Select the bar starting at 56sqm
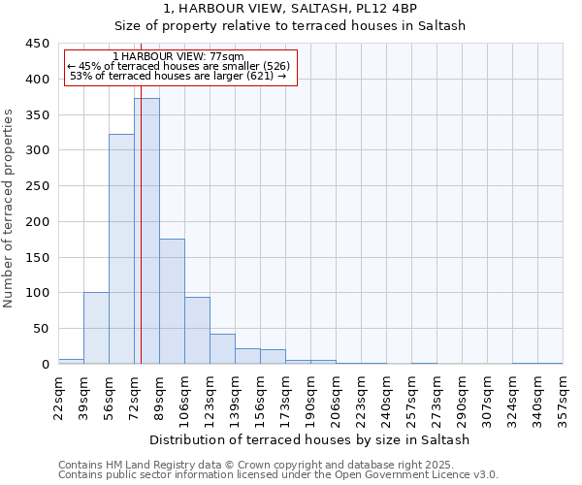pyautogui.click(x=121, y=249)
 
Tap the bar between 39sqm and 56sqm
pyautogui.click(x=96, y=328)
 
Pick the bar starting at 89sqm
pyautogui.click(x=172, y=302)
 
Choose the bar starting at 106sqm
pyautogui.click(x=197, y=331)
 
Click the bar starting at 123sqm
pyautogui.click(x=222, y=348)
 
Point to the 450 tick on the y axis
pyautogui.click(x=38, y=44)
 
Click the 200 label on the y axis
pyautogui.click(x=38, y=221)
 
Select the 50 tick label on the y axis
pyautogui.click(x=42, y=329)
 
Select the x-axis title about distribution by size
pyautogui.click(x=310, y=439)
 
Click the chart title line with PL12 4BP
pyautogui.click(x=290, y=9)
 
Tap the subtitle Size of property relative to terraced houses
pyautogui.click(x=290, y=26)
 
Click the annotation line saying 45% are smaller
pyautogui.click(x=178, y=66)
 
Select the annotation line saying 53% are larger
pyautogui.click(x=178, y=76)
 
